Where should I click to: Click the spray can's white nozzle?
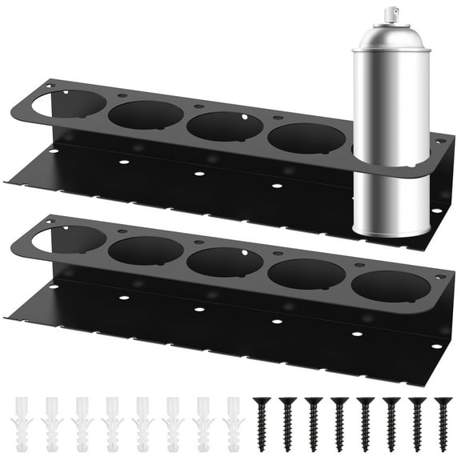point(391,14)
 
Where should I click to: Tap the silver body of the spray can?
point(391,104)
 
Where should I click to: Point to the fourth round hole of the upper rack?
point(306,137)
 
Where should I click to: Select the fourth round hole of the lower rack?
point(306,274)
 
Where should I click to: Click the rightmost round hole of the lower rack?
point(391,287)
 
